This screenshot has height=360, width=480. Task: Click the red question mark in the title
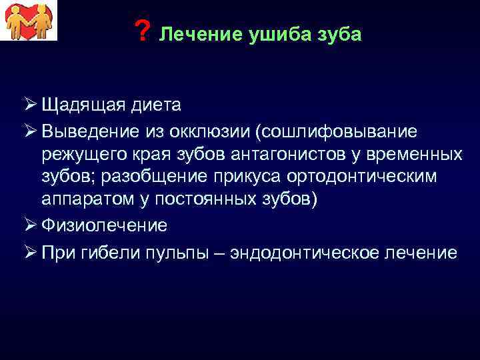click(x=141, y=31)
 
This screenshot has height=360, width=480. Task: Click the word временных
click(x=417, y=155)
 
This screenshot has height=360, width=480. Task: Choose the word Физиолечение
click(x=104, y=226)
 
